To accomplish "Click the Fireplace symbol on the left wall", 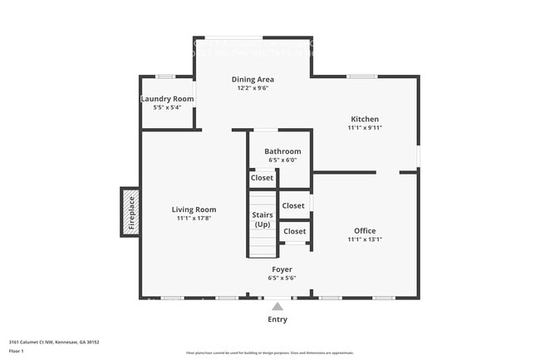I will click(130, 211).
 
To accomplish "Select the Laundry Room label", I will click(167, 99).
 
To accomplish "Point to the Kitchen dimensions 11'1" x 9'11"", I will click(364, 129).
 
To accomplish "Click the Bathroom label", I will click(282, 151).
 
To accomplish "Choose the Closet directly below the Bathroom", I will click(262, 177).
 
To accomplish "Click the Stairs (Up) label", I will click(262, 219).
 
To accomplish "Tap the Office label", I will click(364, 230).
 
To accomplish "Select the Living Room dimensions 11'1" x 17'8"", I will click(194, 219).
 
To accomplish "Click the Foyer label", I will click(282, 269).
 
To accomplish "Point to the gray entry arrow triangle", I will click(277, 306).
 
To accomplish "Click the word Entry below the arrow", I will click(277, 319).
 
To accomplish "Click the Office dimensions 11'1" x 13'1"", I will click(364, 239).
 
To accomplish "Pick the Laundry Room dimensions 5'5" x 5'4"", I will click(167, 108).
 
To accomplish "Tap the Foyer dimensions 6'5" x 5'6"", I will click(282, 279).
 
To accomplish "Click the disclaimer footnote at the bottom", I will click(269, 353).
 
